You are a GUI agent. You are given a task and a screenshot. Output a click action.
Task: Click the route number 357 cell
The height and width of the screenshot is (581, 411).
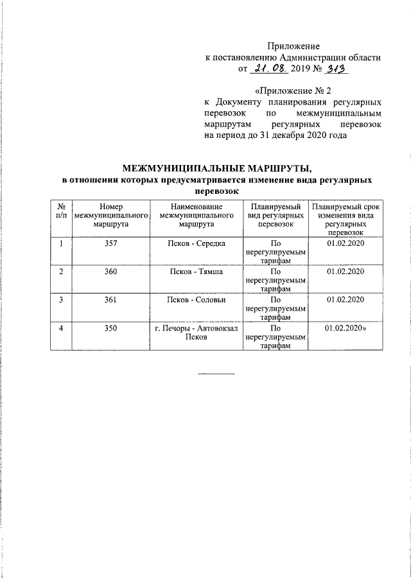(x=112, y=245)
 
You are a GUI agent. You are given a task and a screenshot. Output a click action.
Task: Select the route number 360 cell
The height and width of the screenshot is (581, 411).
(x=112, y=272)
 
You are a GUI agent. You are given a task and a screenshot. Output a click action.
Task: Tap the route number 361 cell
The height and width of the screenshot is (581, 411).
(x=112, y=300)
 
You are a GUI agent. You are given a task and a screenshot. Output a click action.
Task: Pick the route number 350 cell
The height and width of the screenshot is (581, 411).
(x=112, y=327)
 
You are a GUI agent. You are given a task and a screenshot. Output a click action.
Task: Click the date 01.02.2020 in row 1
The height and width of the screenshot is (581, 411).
(x=345, y=245)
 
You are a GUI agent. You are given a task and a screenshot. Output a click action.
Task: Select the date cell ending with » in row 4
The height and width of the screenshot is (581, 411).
(x=346, y=327)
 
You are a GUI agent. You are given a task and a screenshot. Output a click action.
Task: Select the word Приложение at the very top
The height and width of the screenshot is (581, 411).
(x=293, y=46)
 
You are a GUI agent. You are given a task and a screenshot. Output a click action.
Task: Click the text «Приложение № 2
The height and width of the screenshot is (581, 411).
(x=293, y=90)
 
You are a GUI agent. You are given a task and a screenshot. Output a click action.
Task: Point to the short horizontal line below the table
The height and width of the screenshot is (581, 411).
(x=216, y=374)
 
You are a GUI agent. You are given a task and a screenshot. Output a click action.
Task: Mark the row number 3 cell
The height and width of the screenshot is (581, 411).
(x=62, y=300)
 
